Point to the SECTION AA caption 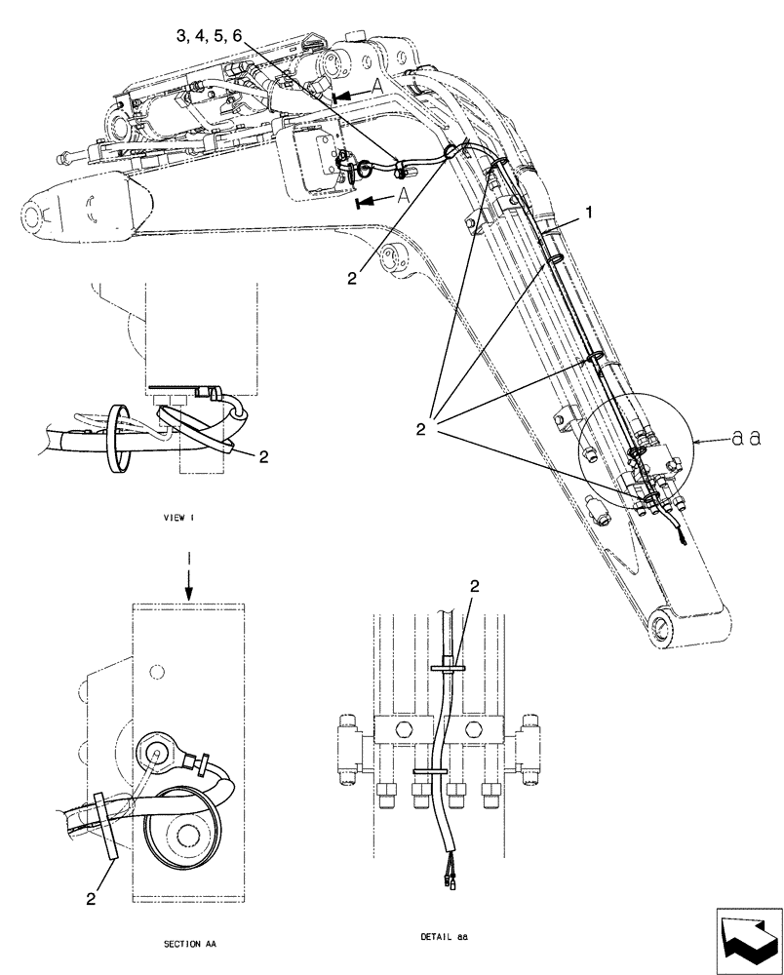(190, 944)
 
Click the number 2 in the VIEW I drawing (262, 454)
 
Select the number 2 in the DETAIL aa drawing (474, 586)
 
